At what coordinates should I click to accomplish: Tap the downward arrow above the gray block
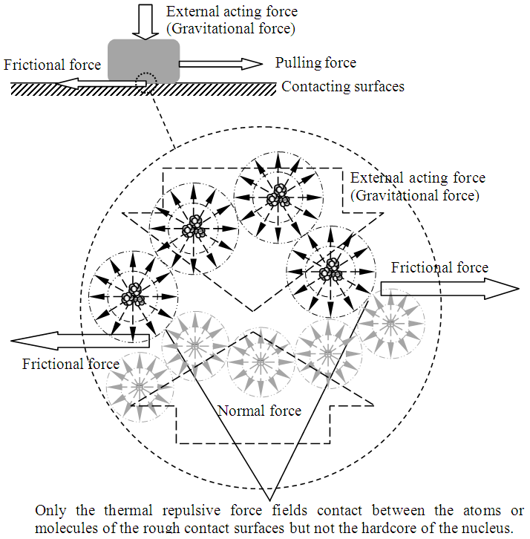(x=144, y=19)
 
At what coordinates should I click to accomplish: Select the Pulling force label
(x=315, y=63)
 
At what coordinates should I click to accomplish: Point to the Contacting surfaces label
(x=343, y=87)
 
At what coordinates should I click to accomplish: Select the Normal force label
(x=259, y=411)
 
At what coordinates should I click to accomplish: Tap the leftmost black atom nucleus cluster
(x=134, y=295)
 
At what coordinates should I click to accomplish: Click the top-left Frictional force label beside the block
(x=52, y=65)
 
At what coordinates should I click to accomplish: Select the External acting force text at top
(x=232, y=11)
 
